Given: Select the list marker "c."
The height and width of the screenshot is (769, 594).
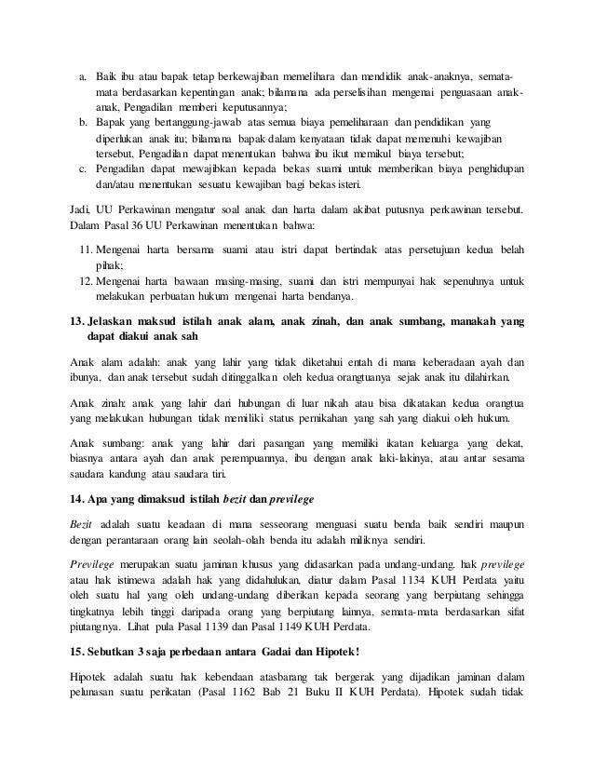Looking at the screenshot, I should (82, 169).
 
